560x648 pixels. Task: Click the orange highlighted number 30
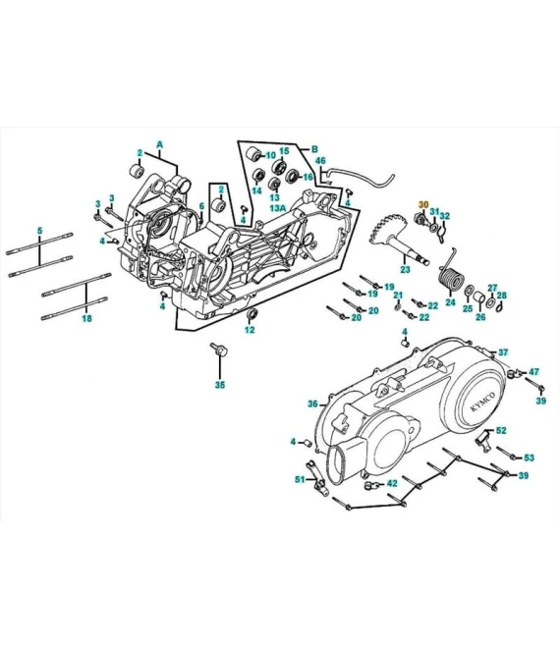click(x=423, y=205)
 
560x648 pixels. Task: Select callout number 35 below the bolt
click(x=219, y=385)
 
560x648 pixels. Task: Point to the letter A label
click(x=159, y=144)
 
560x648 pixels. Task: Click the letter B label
click(x=315, y=149)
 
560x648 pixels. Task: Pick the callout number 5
click(x=39, y=231)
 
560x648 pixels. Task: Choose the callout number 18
click(x=87, y=319)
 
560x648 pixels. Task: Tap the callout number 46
click(x=320, y=160)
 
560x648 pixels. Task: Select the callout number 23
click(x=404, y=269)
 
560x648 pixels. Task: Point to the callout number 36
click(x=311, y=404)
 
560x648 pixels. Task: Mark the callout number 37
click(x=503, y=351)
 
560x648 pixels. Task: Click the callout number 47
click(x=534, y=372)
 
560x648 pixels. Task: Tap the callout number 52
click(x=501, y=430)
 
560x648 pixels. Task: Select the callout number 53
click(x=529, y=458)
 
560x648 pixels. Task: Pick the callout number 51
click(x=300, y=479)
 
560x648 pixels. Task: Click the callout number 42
click(x=391, y=483)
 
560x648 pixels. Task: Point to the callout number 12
click(x=250, y=330)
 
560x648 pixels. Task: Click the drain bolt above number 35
click(x=218, y=351)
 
